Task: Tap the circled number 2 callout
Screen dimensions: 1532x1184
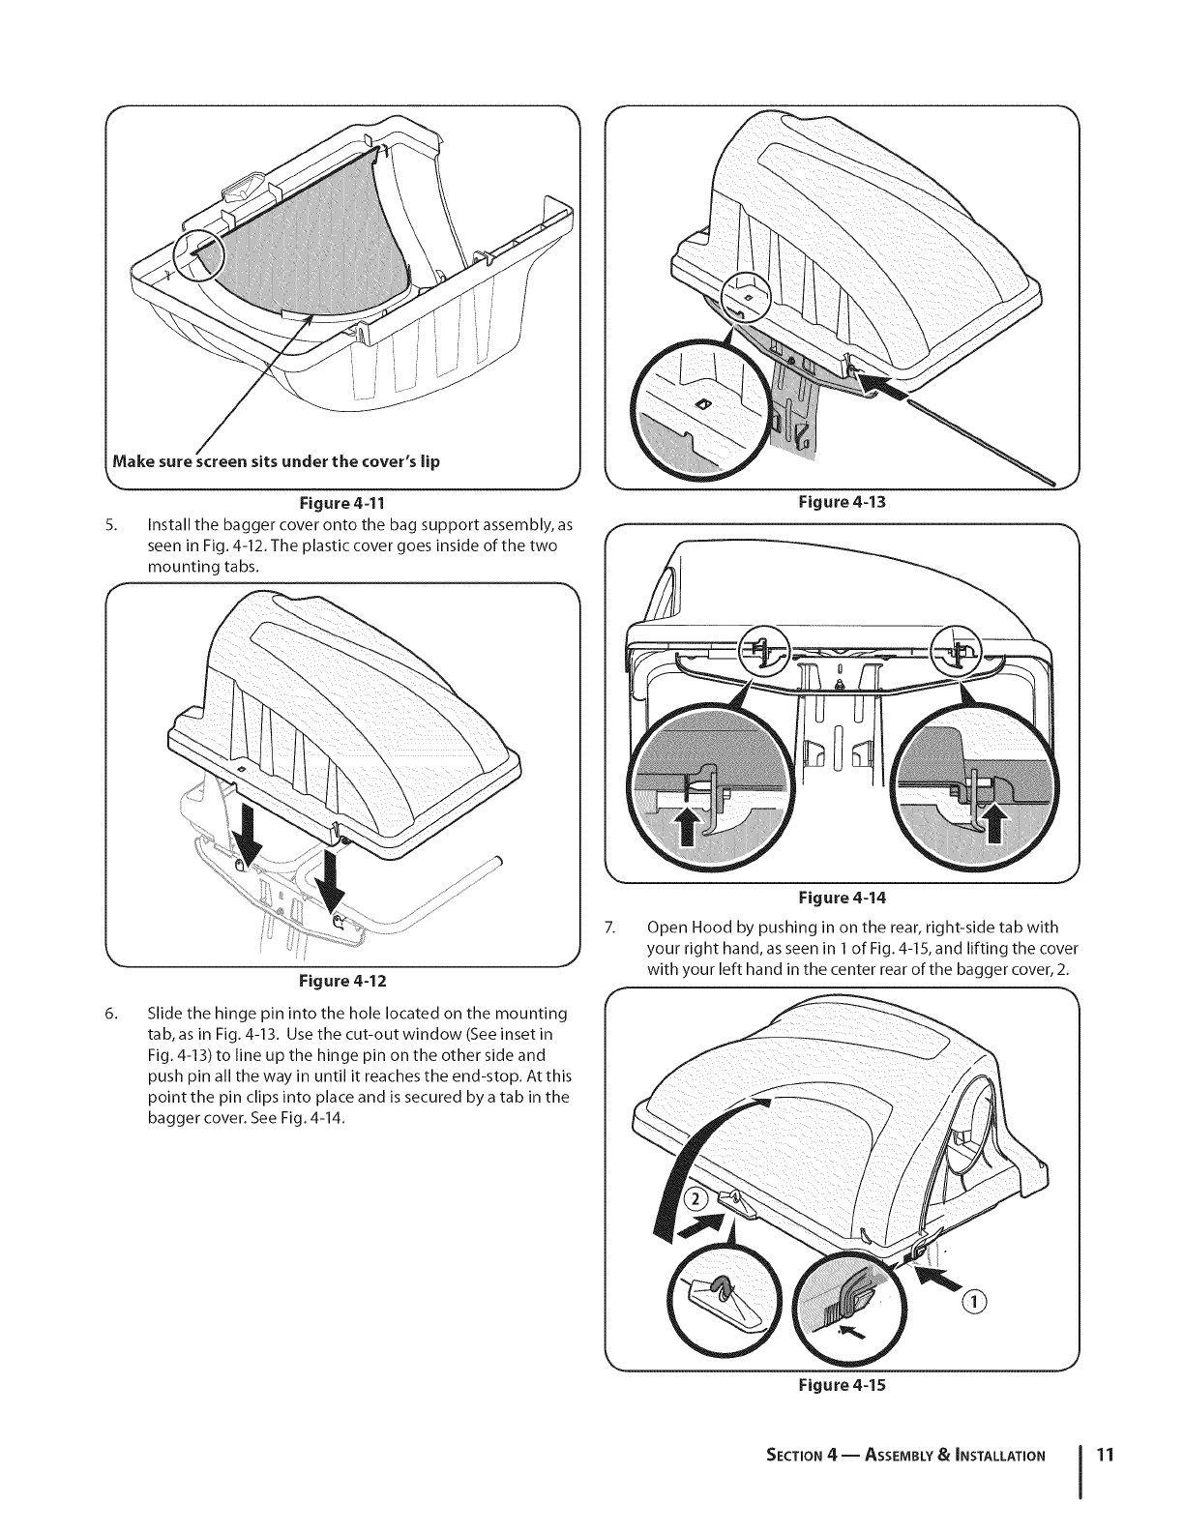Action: (x=696, y=1200)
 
